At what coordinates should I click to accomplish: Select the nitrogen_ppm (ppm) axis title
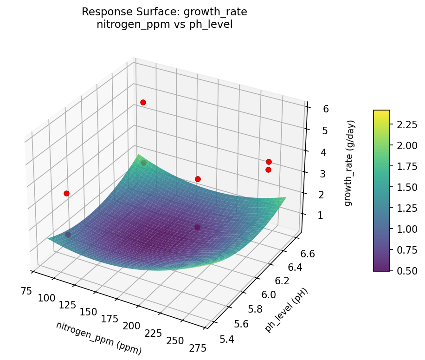tap(99, 338)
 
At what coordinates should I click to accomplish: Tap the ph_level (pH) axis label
tap(286, 310)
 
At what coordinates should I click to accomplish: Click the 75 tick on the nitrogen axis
tap(26, 291)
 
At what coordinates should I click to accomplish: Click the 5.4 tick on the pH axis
tap(227, 340)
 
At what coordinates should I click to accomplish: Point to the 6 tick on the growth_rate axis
tap(326, 109)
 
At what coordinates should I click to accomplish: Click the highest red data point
tap(143, 102)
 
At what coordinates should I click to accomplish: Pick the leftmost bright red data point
tap(66, 193)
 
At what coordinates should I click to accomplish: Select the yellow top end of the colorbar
tap(381, 113)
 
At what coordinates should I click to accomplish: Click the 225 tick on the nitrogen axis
tap(153, 333)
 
